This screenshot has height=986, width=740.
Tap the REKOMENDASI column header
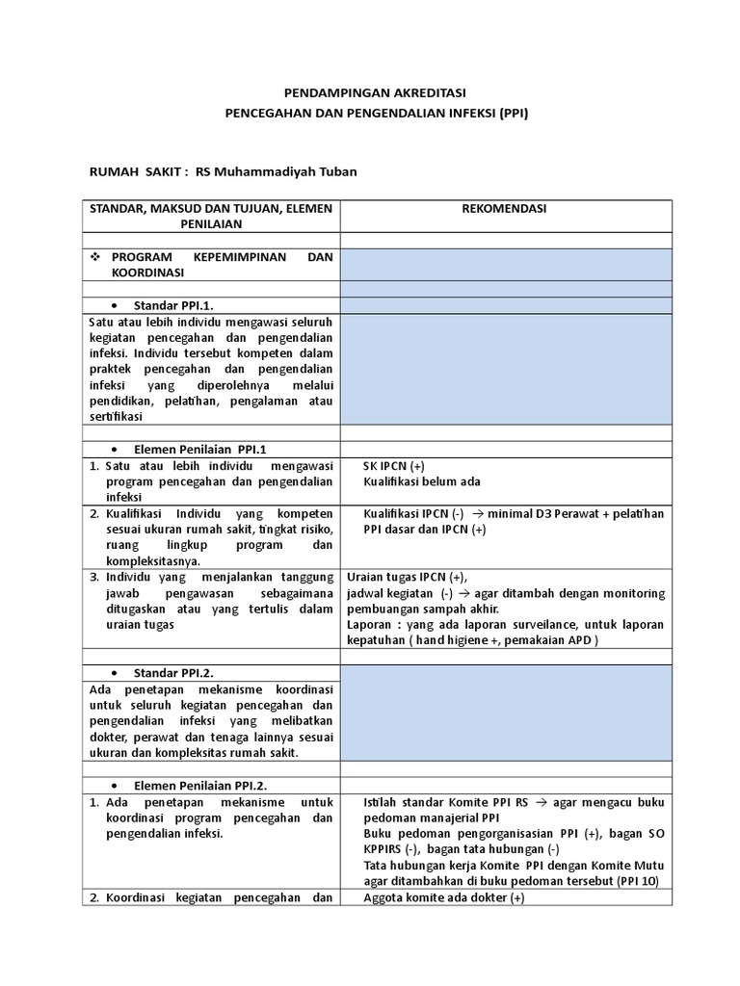point(506,209)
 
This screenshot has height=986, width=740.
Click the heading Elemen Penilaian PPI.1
point(199,449)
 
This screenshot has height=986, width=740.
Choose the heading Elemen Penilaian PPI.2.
point(200,786)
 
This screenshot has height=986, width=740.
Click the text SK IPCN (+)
point(401,466)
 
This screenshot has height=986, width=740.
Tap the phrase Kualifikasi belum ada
point(422,481)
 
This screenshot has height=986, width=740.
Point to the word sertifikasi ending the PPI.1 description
point(115,416)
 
